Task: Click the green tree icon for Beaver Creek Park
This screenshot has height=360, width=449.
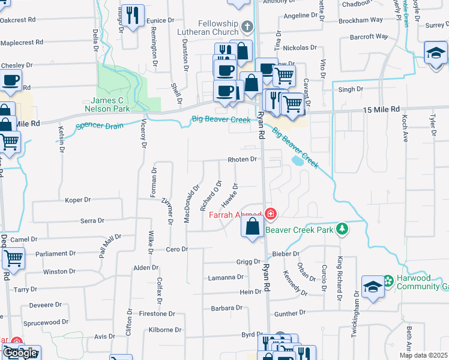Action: click(342, 229)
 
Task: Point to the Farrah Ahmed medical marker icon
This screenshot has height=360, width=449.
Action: click(271, 214)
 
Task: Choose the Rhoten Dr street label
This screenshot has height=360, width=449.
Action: click(242, 160)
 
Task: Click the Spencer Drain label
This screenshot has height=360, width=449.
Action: click(99, 126)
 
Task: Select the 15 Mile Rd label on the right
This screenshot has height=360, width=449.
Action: click(381, 110)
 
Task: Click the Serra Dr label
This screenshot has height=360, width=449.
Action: click(92, 221)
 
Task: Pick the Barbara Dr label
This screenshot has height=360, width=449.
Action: click(226, 308)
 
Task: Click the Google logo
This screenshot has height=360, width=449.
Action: click(21, 353)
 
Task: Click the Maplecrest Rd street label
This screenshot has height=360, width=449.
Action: click(22, 43)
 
